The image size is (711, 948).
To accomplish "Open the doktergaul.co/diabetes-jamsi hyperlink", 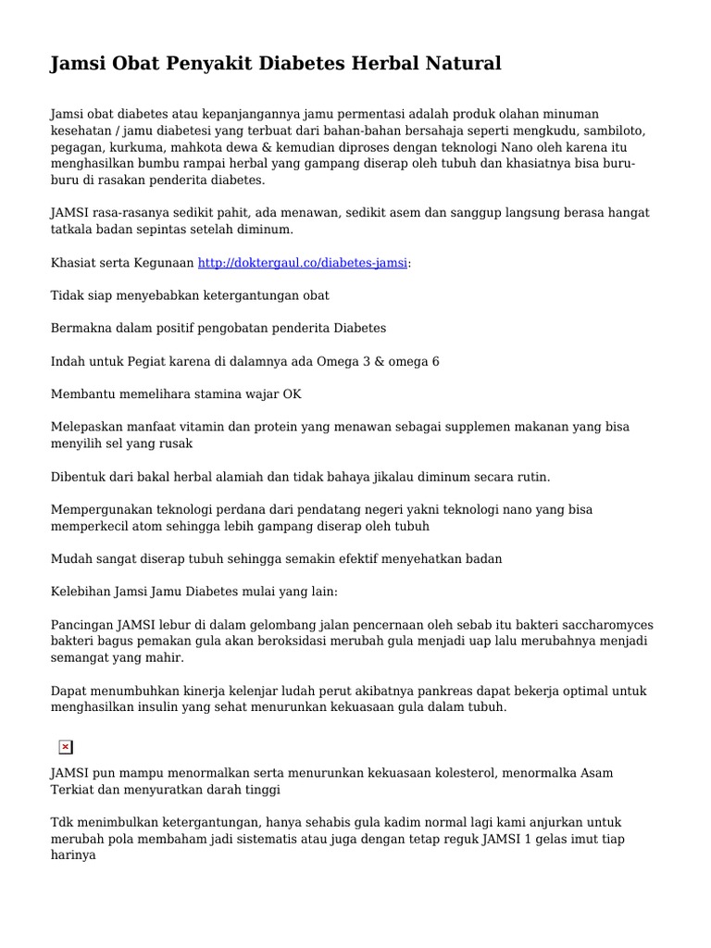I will click(303, 263).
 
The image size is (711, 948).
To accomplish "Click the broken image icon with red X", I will click(65, 747).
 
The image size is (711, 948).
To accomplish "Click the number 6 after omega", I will click(435, 361).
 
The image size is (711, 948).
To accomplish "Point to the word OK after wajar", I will click(292, 393).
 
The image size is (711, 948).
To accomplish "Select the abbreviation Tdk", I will click(62, 822).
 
